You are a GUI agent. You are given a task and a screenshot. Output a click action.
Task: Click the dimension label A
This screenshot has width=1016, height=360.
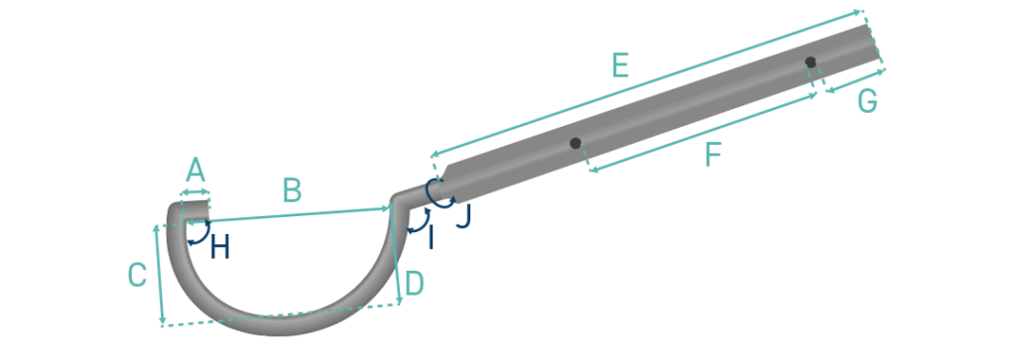[195, 170]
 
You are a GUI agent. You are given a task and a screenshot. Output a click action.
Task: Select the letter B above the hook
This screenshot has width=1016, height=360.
[291, 189]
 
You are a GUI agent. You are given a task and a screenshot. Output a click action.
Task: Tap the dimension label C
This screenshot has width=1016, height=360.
[138, 275]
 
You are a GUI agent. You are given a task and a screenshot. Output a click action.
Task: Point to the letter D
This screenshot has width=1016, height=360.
[415, 283]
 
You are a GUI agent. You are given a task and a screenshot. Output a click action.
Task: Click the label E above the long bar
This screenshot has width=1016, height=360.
[620, 66]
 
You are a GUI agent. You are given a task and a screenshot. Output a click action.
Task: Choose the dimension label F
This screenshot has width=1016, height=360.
[712, 156]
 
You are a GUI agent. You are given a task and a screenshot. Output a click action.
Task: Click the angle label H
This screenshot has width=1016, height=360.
[220, 248]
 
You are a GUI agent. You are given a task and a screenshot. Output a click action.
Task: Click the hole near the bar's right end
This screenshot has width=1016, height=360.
[811, 62]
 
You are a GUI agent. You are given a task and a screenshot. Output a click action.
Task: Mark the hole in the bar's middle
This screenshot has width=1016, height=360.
[575, 144]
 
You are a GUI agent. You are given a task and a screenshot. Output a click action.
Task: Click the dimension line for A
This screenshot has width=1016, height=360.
[195, 191]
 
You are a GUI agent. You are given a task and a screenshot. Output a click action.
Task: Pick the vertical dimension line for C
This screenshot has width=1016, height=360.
[159, 275]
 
